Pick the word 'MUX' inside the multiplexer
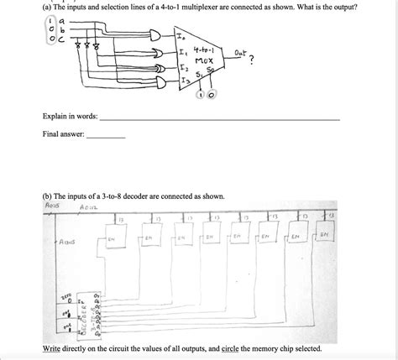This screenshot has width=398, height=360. pyautogui.click(x=203, y=60)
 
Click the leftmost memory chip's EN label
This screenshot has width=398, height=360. pyautogui.click(x=112, y=238)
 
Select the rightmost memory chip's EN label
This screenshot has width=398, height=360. pyautogui.click(x=324, y=236)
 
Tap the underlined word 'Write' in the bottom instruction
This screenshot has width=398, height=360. pyautogui.click(x=52, y=347)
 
